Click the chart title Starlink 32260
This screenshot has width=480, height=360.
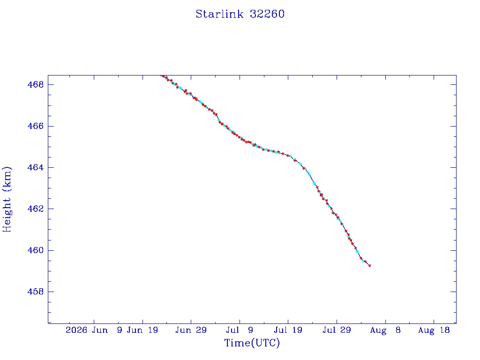point(240,14)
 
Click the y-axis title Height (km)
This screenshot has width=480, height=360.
point(7,200)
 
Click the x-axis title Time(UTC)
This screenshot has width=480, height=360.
point(252,343)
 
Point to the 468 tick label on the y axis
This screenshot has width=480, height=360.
point(36,84)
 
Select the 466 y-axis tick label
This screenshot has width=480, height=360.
point(36,126)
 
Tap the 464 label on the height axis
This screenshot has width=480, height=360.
point(36,167)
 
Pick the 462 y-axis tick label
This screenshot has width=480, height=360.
point(36,209)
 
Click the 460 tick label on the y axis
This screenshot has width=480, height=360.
point(36,250)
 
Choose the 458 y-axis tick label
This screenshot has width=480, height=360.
point(36,292)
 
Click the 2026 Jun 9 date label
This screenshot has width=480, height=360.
point(94,330)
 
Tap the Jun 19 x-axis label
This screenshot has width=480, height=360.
point(142,330)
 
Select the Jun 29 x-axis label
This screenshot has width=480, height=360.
point(191,330)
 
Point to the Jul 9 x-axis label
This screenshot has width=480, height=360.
point(240,330)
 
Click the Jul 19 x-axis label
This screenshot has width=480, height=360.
point(288,330)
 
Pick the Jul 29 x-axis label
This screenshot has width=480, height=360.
point(337,330)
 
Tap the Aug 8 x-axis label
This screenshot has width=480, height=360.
point(385,330)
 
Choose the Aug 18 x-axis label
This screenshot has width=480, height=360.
point(434,330)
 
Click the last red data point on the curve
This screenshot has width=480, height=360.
point(369,266)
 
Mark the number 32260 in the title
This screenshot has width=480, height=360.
point(267,14)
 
